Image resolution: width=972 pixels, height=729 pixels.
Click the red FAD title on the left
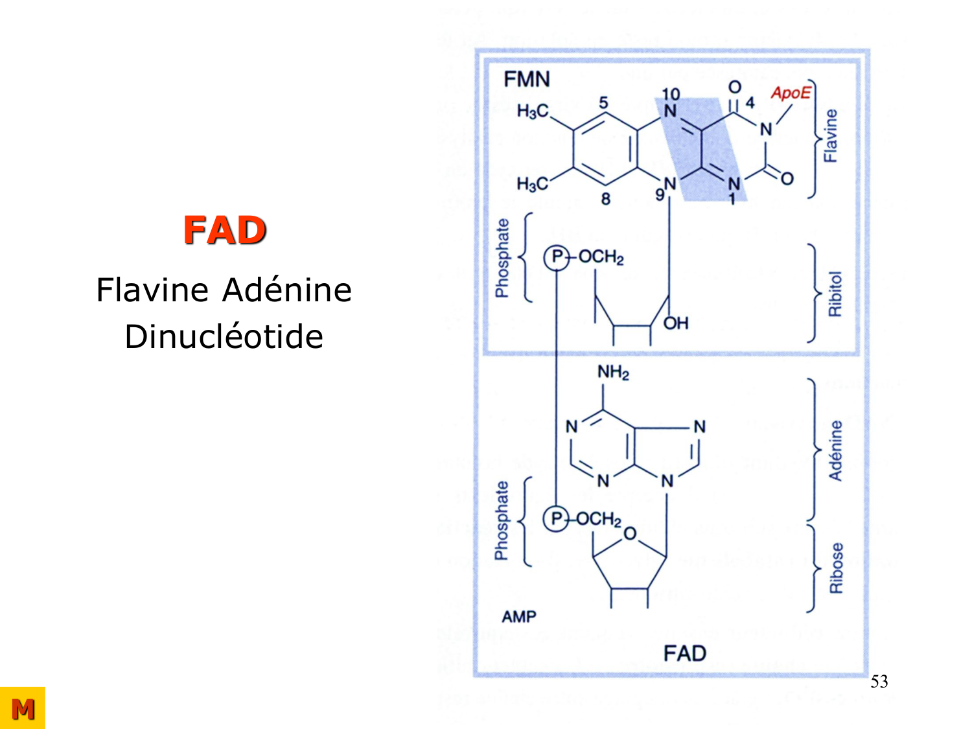point(224,230)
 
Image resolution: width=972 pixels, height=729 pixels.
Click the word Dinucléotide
point(224,337)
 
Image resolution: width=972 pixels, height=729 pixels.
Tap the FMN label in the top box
point(527,80)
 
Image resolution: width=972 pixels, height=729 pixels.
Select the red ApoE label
point(790,93)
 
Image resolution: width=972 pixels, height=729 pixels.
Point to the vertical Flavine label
point(830,136)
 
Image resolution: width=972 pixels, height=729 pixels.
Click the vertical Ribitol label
point(835,294)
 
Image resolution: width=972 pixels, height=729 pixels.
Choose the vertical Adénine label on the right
point(836,450)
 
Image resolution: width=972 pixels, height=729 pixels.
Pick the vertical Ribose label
point(837,568)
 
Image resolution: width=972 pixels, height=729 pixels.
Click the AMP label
point(519,617)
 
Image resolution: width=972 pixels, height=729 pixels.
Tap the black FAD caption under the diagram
point(684,653)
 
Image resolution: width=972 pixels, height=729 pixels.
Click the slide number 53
point(879,682)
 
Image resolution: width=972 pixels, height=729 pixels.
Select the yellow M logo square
point(23,708)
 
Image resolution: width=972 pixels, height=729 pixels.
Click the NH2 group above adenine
point(613,373)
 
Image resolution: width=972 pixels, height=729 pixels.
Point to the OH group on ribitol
point(676,323)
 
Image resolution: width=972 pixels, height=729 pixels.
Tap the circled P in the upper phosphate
point(556,257)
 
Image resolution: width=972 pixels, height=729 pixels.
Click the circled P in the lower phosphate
point(556,519)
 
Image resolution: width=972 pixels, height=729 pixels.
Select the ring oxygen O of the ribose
point(630,535)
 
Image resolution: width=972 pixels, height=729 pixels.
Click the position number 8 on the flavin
point(605,199)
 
